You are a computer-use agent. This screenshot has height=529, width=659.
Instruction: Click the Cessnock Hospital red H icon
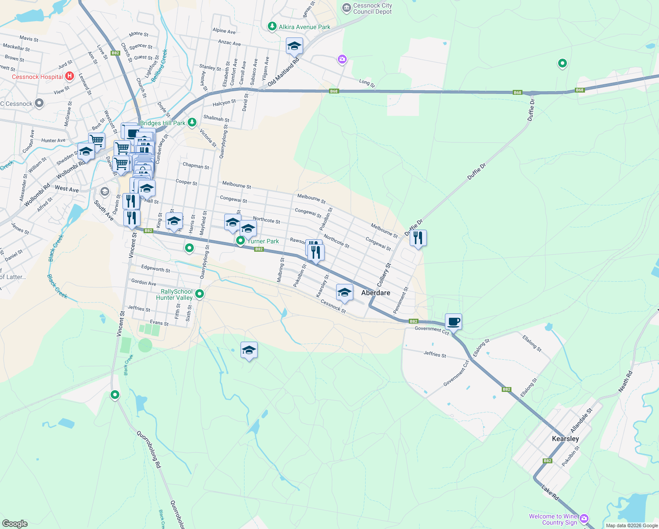[x=69, y=76]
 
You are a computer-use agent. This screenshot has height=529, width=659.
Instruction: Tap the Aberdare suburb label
[x=375, y=293]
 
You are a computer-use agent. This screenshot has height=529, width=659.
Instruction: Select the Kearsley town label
[x=565, y=439]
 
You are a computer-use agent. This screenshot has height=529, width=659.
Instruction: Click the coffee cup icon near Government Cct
[x=453, y=321]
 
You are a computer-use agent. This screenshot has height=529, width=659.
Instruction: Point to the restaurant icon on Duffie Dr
[x=418, y=238]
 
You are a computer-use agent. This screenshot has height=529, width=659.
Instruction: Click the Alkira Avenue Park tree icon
[x=272, y=27]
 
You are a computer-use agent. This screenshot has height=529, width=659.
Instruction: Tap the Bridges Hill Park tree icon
[x=192, y=123]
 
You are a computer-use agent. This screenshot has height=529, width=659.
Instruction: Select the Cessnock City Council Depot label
[x=372, y=9]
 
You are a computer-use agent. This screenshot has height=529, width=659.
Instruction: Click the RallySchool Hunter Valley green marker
[x=200, y=294]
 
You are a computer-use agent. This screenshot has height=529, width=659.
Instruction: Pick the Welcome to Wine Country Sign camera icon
[x=584, y=518]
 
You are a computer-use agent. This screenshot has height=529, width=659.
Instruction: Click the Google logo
[x=15, y=524]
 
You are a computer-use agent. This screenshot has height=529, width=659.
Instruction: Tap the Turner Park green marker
[x=240, y=241]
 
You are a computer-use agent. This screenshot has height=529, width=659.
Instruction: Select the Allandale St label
[x=581, y=420]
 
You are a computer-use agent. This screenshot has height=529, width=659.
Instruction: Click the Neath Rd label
[x=625, y=381]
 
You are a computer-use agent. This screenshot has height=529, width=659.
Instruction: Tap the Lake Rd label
[x=550, y=492]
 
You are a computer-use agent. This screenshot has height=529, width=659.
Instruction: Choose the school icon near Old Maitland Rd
[x=294, y=46]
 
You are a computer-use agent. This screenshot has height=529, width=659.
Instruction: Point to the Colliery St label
[x=384, y=275]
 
